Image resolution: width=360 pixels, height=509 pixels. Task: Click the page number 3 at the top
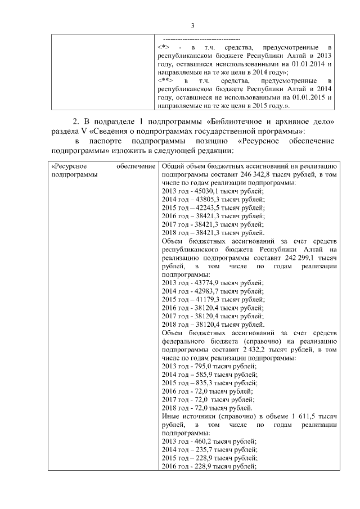[192, 25]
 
